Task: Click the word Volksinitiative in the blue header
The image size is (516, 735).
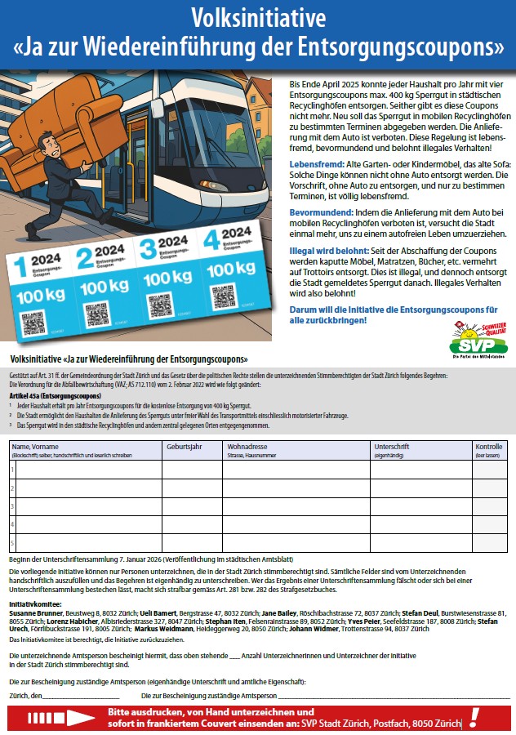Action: [x=257, y=18]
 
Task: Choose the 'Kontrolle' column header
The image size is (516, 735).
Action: [x=489, y=448]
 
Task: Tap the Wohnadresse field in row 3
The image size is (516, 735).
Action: [x=296, y=506]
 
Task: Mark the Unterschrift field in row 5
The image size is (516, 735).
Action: [x=420, y=543]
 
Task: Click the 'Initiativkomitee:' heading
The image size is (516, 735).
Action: [x=36, y=603]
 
